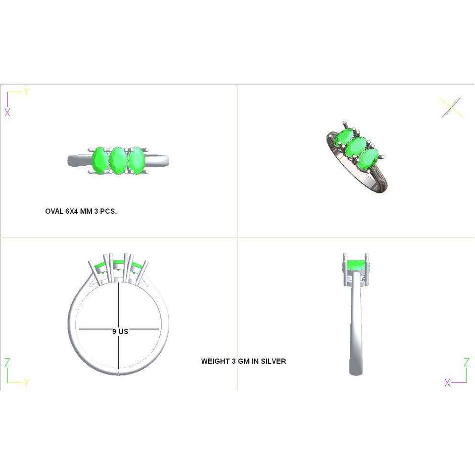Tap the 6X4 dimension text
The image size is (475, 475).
[x=72, y=211]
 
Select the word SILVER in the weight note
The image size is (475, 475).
[x=274, y=361]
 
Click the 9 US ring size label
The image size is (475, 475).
[x=120, y=332]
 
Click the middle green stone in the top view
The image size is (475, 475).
[x=118, y=160]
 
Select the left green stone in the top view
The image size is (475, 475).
[x=99, y=160]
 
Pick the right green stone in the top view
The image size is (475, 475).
[x=137, y=160]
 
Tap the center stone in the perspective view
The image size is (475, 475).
[x=357, y=147]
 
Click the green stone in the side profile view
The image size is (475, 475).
[x=355, y=266]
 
